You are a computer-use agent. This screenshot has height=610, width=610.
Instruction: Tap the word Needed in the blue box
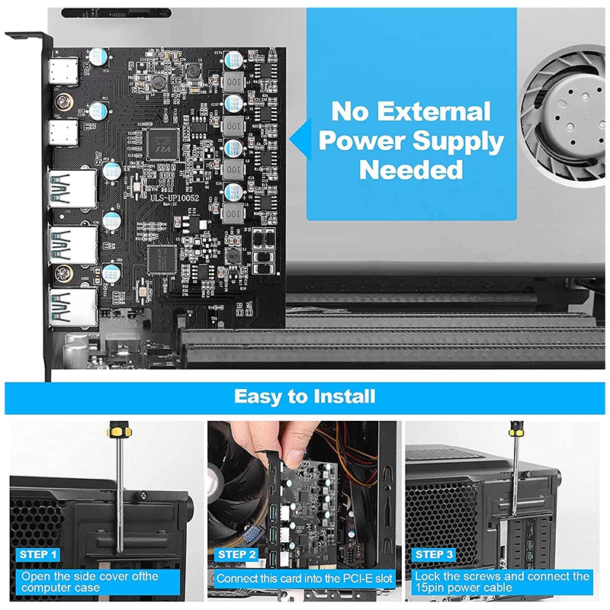point(411,169)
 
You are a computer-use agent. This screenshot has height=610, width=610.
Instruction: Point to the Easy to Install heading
point(304,396)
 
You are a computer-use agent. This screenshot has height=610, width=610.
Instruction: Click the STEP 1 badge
point(36,554)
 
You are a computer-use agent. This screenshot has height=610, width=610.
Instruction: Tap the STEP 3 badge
point(435,554)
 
